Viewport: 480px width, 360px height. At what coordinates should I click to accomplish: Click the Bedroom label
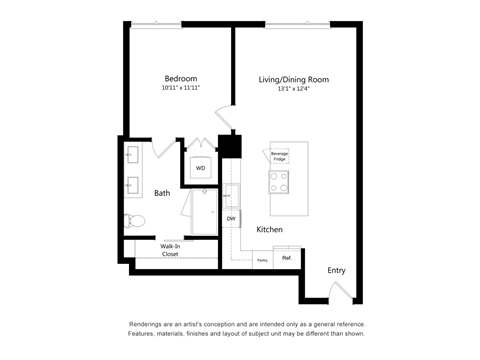click(181, 79)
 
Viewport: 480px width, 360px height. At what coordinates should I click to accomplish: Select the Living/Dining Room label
click(294, 79)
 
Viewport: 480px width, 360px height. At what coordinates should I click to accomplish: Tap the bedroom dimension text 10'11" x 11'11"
click(181, 89)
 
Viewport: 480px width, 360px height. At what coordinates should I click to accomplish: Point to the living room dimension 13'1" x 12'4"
click(294, 89)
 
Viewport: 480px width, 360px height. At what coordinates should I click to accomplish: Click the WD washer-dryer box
click(200, 168)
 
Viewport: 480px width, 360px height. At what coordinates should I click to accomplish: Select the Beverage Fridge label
click(279, 155)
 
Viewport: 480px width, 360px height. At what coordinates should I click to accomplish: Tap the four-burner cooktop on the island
click(278, 182)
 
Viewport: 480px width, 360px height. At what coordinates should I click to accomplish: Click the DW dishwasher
click(231, 218)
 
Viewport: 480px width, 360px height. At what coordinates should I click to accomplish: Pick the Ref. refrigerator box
click(286, 258)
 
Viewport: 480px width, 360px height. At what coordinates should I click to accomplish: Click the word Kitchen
click(270, 230)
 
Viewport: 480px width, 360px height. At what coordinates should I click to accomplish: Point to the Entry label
click(336, 270)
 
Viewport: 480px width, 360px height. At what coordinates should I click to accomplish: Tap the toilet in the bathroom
click(133, 221)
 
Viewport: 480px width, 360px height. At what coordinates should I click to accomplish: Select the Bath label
click(162, 193)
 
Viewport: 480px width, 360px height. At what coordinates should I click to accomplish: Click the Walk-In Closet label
click(156, 250)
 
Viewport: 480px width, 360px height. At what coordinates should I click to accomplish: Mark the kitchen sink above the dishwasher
click(231, 195)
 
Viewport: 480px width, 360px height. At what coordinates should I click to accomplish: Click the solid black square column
click(231, 145)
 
